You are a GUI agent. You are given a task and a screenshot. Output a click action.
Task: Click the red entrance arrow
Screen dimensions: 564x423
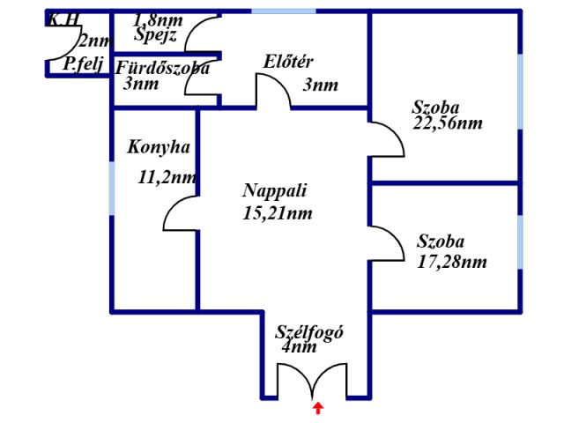[x=318, y=407]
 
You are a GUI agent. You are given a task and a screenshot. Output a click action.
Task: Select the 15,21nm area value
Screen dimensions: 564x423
[x=278, y=212]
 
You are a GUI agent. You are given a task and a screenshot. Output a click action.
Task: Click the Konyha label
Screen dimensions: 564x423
[x=158, y=147]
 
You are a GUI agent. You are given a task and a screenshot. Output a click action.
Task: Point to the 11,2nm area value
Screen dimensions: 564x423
[x=167, y=177]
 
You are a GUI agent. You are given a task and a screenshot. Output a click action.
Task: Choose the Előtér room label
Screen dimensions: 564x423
[x=289, y=62]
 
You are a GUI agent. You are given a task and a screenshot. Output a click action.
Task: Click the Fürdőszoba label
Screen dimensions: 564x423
[x=163, y=67]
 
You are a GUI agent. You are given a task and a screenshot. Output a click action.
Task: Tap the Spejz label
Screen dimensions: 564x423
[x=156, y=35]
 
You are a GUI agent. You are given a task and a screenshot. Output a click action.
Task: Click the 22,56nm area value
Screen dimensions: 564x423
[x=448, y=123]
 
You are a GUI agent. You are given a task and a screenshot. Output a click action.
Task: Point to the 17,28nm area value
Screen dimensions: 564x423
[x=452, y=261]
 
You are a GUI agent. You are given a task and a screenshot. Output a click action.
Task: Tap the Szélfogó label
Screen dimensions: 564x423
[x=309, y=332]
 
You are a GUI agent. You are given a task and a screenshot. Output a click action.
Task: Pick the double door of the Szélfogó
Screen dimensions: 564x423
[x=313, y=379]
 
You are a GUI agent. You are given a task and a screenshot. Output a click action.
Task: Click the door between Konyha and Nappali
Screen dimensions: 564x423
[x=181, y=214]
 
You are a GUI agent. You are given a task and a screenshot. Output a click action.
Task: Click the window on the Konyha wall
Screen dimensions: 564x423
[x=112, y=188]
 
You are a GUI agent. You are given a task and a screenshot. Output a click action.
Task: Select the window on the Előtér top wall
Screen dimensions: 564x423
[x=283, y=11]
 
